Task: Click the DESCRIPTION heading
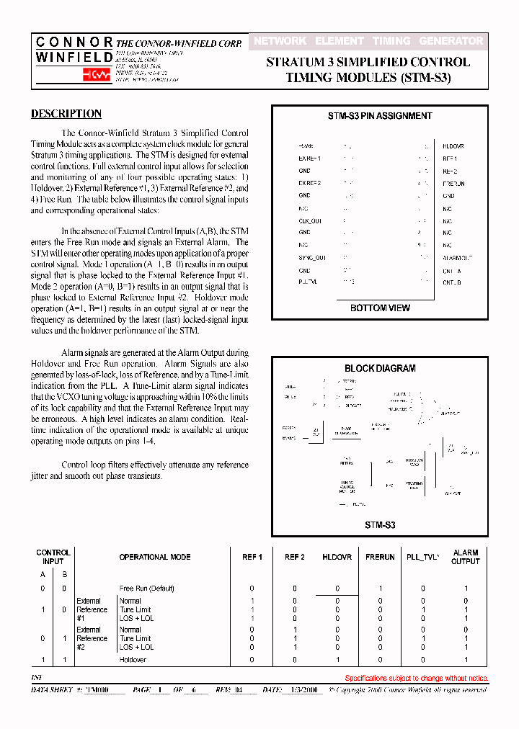click(66, 114)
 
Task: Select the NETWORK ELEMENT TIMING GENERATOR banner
click(368, 41)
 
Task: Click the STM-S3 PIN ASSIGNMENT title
click(380, 116)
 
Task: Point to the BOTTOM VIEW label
click(380, 308)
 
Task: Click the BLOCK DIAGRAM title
click(380, 368)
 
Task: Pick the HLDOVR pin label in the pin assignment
click(453, 146)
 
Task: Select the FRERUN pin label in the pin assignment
click(453, 184)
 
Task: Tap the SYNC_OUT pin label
click(312, 257)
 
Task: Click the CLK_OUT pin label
click(311, 220)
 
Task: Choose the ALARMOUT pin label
click(457, 257)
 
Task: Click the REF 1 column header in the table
click(252, 557)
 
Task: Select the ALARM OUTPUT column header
click(466, 557)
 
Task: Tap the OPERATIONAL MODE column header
click(155, 557)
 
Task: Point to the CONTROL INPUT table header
click(53, 557)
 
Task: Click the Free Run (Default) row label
click(147, 589)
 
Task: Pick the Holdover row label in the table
click(133, 659)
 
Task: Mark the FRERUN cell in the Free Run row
click(381, 589)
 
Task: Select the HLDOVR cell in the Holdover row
click(337, 659)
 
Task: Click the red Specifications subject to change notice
click(417, 678)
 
